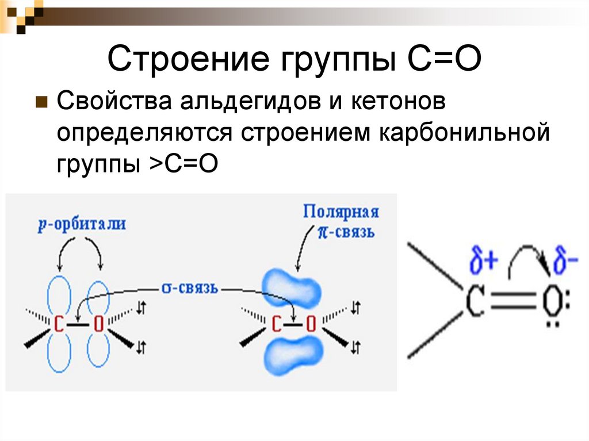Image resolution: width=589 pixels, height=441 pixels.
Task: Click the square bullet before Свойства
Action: (x=41, y=104)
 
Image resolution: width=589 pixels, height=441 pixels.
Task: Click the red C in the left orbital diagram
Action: (x=59, y=324)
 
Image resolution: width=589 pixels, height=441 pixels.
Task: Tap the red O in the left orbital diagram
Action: (x=98, y=324)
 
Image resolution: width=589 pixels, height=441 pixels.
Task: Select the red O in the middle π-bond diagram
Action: (x=311, y=324)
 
